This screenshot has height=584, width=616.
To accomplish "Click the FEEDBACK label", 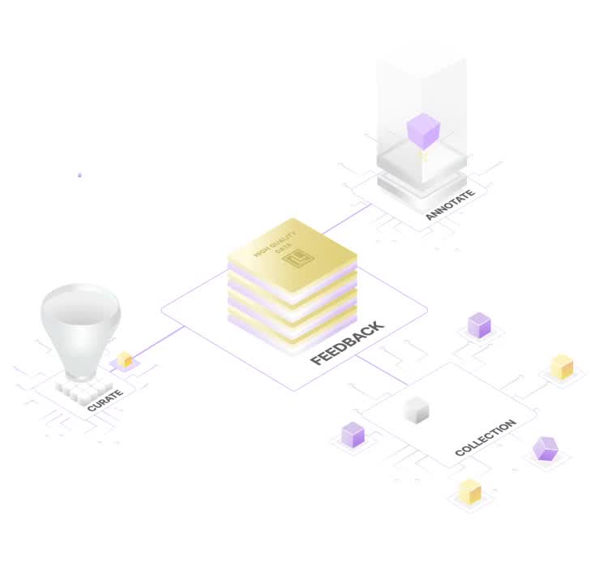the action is click(x=347, y=343).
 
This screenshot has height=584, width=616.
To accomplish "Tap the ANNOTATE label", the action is click(x=449, y=206).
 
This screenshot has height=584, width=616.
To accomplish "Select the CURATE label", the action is click(x=105, y=400).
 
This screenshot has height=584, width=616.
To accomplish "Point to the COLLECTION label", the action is click(x=485, y=437).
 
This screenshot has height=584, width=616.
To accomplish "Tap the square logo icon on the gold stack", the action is click(x=301, y=259).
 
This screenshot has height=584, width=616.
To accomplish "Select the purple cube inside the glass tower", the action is click(x=423, y=131).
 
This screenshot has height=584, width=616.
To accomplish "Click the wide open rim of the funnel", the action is click(x=80, y=301).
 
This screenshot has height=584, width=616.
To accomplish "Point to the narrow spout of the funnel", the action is click(x=80, y=369).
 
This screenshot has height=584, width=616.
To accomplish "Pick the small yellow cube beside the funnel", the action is click(x=124, y=359).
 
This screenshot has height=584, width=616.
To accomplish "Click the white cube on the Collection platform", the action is click(x=416, y=410).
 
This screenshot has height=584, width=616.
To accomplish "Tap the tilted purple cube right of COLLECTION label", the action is click(x=545, y=448).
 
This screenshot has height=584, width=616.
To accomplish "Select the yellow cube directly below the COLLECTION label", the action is click(x=469, y=492).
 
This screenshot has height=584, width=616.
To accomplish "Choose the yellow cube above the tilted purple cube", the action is click(x=562, y=367).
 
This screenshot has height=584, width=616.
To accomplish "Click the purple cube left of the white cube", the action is click(x=353, y=435).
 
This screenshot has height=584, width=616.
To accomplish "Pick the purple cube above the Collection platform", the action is click(x=479, y=324).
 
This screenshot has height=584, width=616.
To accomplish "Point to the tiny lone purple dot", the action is click(x=79, y=174).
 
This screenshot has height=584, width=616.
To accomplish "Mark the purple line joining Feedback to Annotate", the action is click(x=347, y=218).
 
